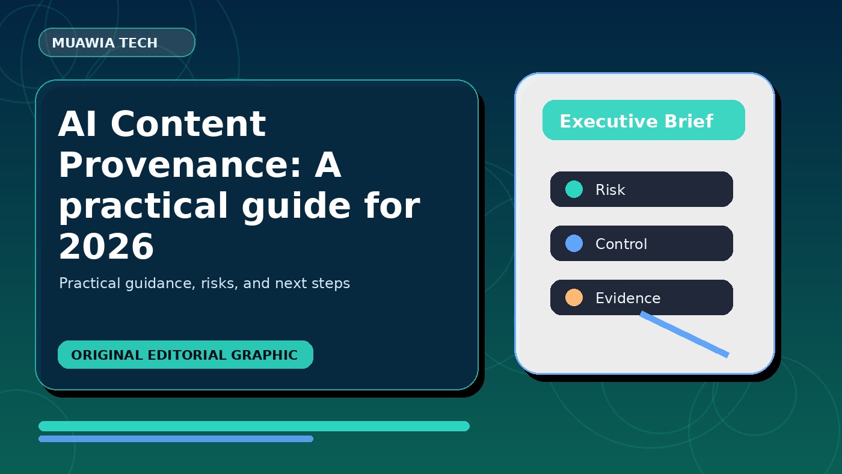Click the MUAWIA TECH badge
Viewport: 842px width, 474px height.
tap(117, 43)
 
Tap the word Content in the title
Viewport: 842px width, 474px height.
tap(188, 124)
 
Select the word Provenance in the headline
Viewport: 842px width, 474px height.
tap(180, 165)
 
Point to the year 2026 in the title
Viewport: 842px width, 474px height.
tap(106, 246)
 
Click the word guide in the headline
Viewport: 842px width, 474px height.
tap(296, 206)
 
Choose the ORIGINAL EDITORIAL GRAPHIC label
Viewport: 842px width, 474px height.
tap(185, 354)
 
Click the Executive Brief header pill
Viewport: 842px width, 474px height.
tap(644, 120)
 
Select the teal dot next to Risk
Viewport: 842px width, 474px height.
tap(574, 189)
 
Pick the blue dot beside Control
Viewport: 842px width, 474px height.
tap(574, 243)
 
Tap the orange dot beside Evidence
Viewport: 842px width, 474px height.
tap(574, 297)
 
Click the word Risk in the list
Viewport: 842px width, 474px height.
tap(610, 189)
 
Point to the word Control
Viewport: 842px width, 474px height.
tap(621, 244)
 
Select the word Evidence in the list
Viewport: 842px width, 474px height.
tap(628, 298)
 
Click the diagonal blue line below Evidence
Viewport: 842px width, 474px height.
tap(684, 334)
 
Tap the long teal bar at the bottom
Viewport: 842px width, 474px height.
tap(254, 426)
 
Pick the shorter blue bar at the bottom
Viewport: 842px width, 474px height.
tap(176, 439)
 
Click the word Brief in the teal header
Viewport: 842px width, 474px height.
tap(689, 121)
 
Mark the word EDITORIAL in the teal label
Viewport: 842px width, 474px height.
tap(187, 355)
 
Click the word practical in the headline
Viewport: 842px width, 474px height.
tap(143, 206)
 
